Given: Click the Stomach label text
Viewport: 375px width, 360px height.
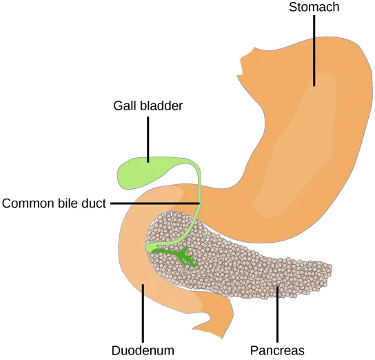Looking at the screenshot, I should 314,8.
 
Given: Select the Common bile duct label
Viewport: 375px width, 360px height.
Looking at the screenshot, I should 54,203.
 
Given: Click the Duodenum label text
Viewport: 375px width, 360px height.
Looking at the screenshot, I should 143,350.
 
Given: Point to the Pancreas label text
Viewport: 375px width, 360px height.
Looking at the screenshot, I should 278,350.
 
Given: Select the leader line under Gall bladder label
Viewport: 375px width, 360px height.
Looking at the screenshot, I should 148,138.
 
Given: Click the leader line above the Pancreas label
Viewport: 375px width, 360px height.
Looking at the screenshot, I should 278,314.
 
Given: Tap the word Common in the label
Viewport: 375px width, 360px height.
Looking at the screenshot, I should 26,203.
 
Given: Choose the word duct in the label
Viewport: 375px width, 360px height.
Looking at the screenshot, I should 94,203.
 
